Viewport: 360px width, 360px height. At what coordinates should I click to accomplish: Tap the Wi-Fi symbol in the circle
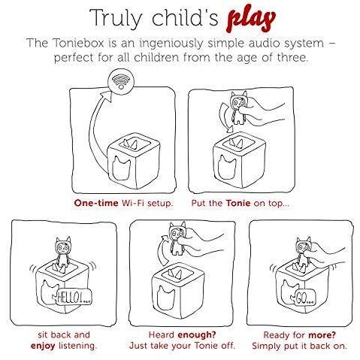tap(121, 80)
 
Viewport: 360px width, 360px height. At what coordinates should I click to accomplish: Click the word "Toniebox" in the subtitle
tap(78, 43)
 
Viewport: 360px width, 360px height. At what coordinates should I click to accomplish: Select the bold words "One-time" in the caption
tap(96, 203)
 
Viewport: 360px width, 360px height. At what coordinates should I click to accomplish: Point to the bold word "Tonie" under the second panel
tap(238, 203)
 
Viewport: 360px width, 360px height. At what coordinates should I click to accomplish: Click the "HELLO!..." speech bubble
tap(74, 297)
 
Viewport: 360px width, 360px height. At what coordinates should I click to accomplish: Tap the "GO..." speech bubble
tap(305, 298)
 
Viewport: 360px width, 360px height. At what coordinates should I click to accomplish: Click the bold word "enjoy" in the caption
tap(43, 346)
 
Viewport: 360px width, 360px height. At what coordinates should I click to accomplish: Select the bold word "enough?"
tap(197, 334)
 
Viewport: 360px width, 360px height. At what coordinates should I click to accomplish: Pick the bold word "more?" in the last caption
tap(322, 334)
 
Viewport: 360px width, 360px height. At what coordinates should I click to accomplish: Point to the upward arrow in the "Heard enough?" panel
tap(163, 250)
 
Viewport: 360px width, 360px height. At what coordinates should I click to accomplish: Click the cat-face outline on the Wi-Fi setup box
tap(120, 168)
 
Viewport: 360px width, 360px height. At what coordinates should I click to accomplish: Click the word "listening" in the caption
tap(77, 346)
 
